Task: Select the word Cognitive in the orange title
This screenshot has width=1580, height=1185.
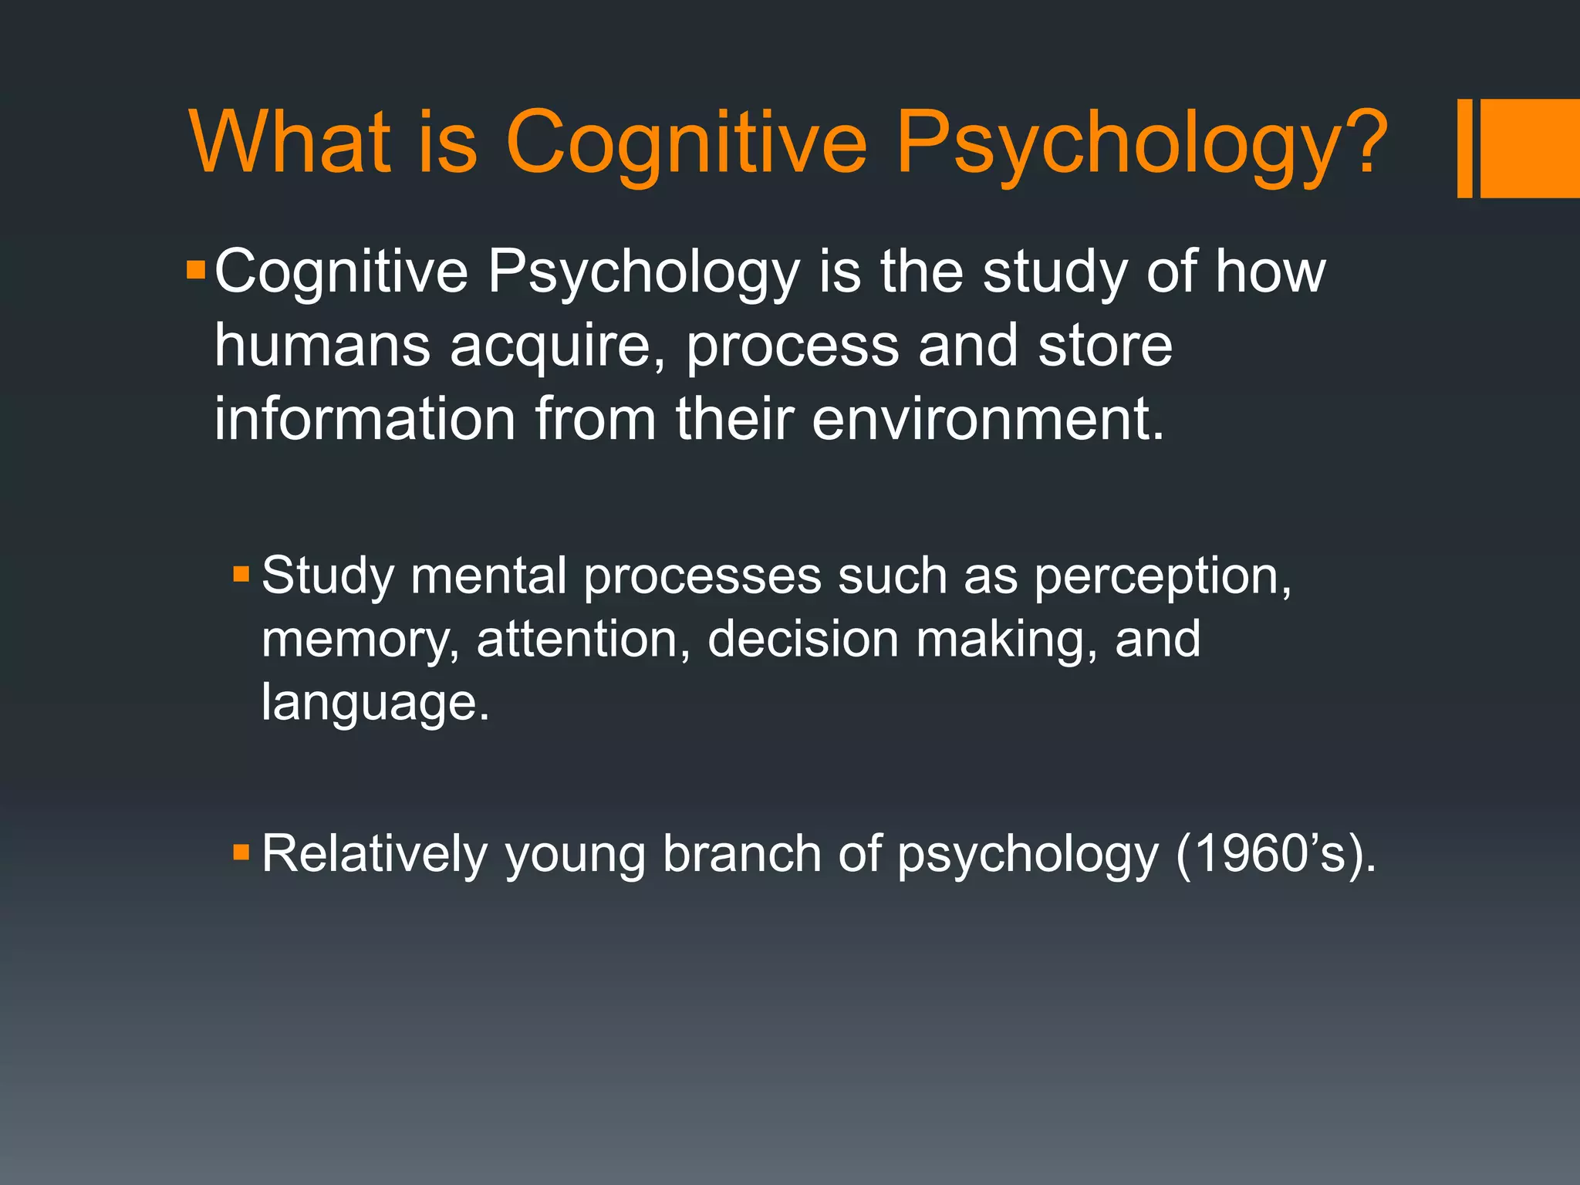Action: coord(686,147)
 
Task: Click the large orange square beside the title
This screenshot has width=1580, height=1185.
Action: coord(1530,148)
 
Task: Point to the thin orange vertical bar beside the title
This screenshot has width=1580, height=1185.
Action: coord(1464,148)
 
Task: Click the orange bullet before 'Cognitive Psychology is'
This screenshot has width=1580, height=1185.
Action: coord(196,271)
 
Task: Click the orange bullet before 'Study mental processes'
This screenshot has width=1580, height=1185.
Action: coord(241,573)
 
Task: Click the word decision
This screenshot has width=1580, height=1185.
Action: coord(803,640)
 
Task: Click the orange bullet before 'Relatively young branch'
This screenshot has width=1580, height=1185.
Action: coord(241,852)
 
